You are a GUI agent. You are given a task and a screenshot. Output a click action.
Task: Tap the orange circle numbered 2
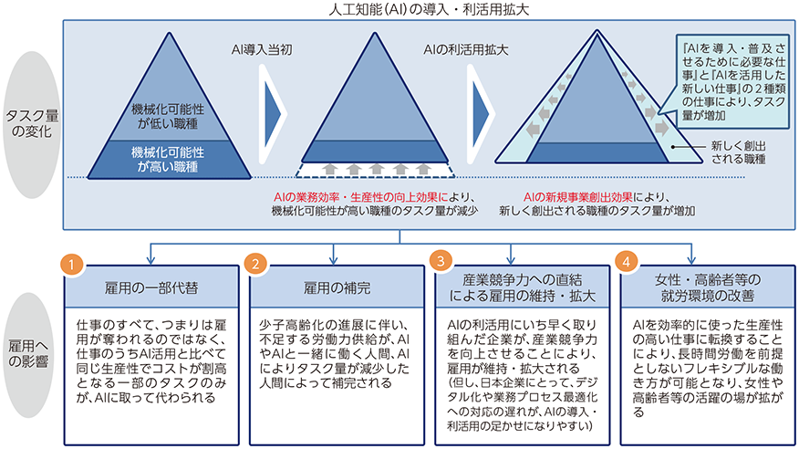(257, 262)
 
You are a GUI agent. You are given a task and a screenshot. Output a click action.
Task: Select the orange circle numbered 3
(441, 262)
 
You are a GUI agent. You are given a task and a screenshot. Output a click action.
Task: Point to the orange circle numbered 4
(627, 262)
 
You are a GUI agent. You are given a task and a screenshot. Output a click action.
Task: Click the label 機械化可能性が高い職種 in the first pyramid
(168, 157)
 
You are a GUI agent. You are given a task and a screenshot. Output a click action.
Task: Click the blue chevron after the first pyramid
(270, 107)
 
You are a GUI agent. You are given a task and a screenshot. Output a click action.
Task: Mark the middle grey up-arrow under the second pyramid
(375, 169)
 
